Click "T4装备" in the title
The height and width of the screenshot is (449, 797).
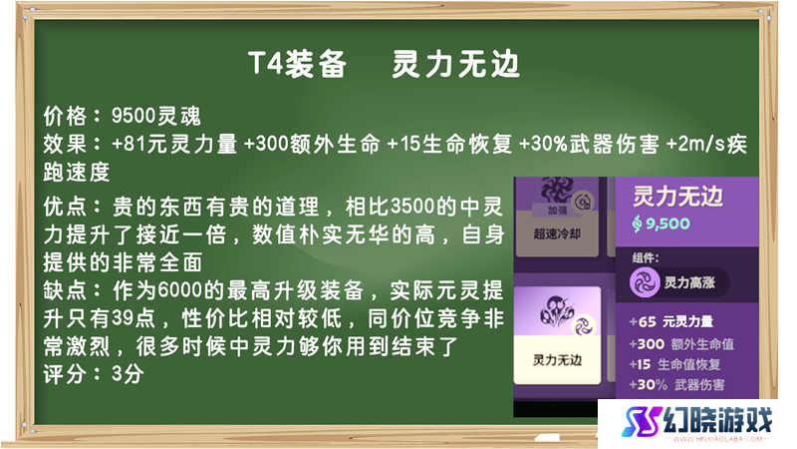pos(297,65)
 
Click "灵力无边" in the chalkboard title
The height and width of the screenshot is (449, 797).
pos(455,65)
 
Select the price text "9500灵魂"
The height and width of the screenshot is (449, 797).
pos(156,116)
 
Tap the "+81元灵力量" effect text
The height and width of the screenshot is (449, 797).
pos(174,144)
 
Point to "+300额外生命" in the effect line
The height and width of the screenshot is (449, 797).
pos(312,144)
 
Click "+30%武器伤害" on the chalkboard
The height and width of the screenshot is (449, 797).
pos(589,144)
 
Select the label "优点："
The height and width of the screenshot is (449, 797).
pos(77,207)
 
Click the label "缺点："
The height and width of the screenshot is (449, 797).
pos(77,290)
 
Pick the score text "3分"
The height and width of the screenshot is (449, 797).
pos(128,375)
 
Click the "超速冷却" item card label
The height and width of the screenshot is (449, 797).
pos(557,233)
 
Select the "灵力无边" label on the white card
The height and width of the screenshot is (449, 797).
pos(557,360)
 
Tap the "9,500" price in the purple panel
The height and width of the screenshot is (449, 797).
pos(667,224)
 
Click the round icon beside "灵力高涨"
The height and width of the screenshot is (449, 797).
pos(645,282)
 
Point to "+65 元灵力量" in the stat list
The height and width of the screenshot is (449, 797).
pos(670,321)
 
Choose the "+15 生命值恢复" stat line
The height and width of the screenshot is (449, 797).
pos(674,364)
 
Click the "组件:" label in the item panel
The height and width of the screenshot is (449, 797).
pos(646,257)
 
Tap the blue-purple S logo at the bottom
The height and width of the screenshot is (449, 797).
pos(642,420)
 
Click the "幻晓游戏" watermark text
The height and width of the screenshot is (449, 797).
pos(717,420)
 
